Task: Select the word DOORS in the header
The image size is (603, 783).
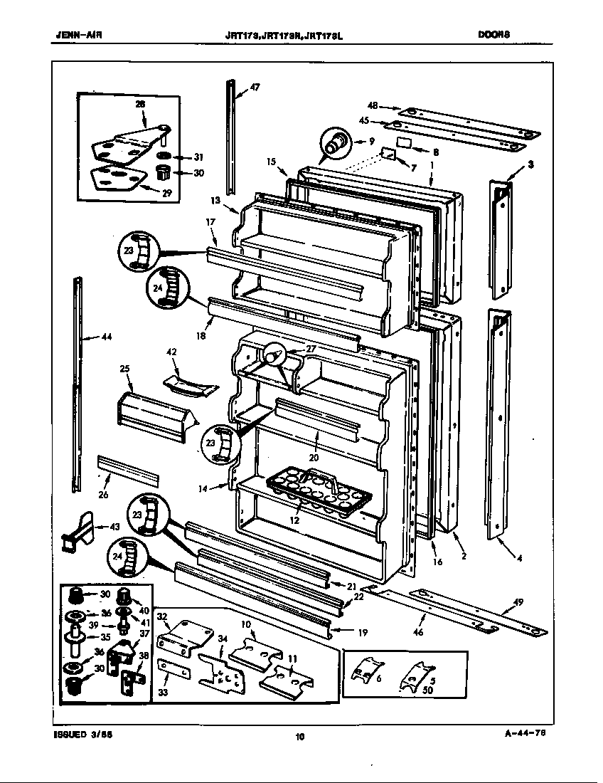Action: [x=494, y=33]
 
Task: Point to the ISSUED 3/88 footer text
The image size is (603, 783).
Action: [x=80, y=735]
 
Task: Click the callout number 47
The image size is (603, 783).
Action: [x=255, y=88]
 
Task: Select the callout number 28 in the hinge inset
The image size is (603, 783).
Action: [x=140, y=104]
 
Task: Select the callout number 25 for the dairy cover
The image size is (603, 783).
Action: [x=124, y=369]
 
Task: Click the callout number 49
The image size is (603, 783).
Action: [x=518, y=602]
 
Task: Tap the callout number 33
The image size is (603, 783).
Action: [x=163, y=692]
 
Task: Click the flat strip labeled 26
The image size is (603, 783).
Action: [x=128, y=469]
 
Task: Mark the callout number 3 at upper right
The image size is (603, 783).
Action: [x=530, y=164]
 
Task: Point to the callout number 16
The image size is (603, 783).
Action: [x=437, y=562]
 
